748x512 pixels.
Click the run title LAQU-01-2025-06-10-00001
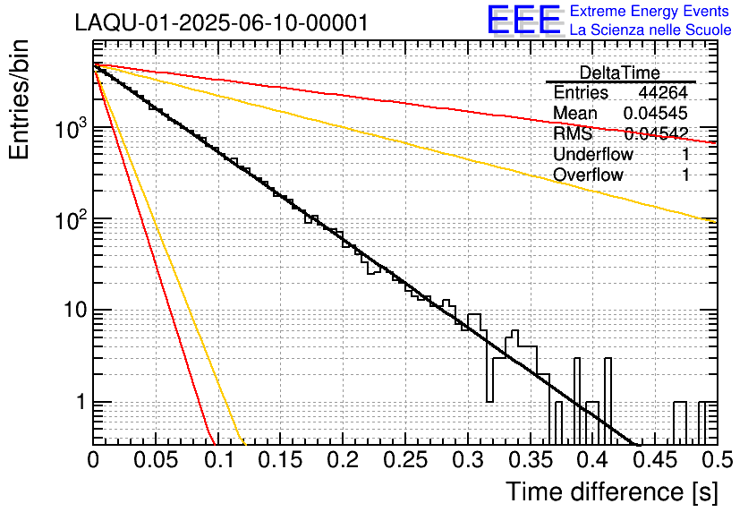[x=221, y=23]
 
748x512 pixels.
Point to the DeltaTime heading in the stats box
[x=619, y=73]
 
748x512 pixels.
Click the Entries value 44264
[x=662, y=93]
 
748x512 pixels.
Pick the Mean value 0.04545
[x=655, y=114]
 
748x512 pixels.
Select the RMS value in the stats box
[x=656, y=134]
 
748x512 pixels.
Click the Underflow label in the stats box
[x=593, y=155]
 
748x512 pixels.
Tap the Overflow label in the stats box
[x=588, y=175]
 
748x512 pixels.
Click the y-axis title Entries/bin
[x=24, y=99]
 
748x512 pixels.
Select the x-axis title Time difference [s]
[x=611, y=491]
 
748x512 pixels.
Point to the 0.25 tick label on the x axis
[x=404, y=460]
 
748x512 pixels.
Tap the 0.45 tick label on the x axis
[x=653, y=460]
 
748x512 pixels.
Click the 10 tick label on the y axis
[x=71, y=311]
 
